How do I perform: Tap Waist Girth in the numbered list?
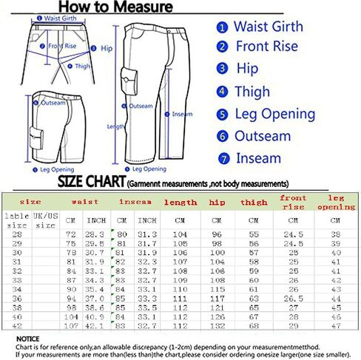[x=268, y=27]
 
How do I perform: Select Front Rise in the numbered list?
[x=266, y=47]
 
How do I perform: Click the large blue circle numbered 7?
[x=222, y=158]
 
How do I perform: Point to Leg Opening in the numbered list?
[x=275, y=114]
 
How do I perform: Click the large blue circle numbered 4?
[x=222, y=92]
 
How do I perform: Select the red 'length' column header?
[x=180, y=202]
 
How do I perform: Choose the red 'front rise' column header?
[x=293, y=202]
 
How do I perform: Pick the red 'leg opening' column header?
[x=337, y=202]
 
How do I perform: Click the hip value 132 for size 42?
[x=217, y=325]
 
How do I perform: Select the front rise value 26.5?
[x=293, y=298]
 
